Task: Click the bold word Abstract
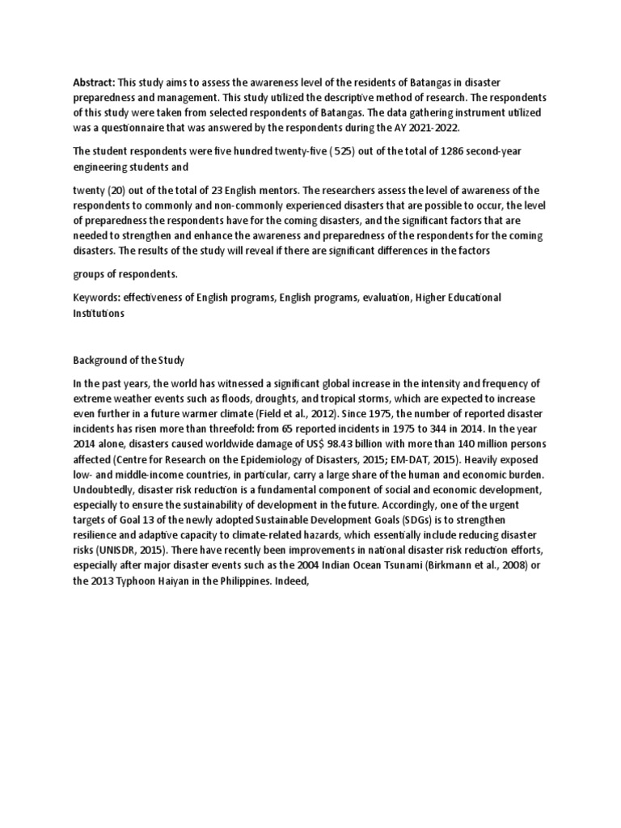[94, 82]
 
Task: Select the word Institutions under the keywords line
[99, 313]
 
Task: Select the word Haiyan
[175, 580]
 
